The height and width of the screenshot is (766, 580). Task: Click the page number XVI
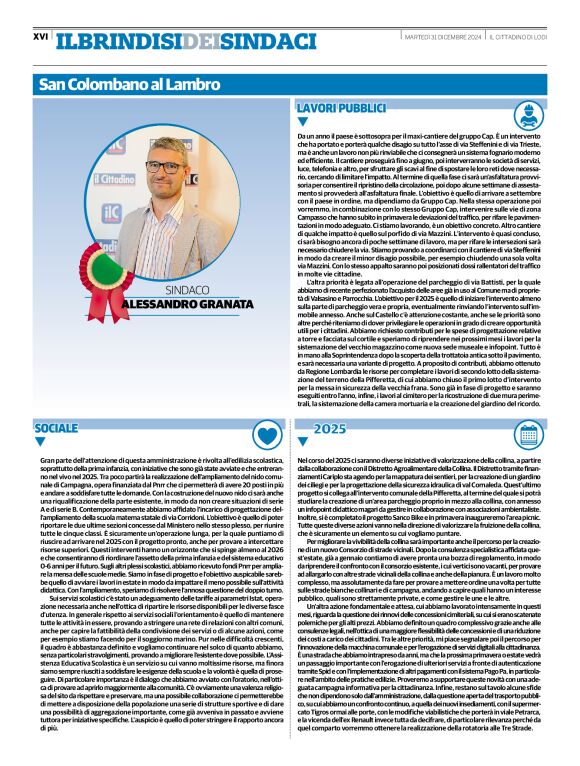(41, 36)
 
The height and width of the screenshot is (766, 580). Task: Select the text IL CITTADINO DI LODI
(523, 37)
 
